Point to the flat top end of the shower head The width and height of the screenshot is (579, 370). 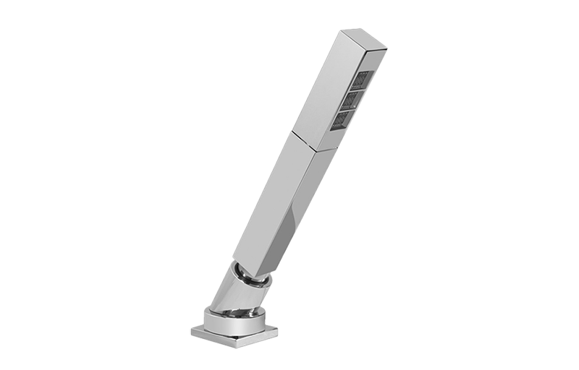(366, 39)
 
